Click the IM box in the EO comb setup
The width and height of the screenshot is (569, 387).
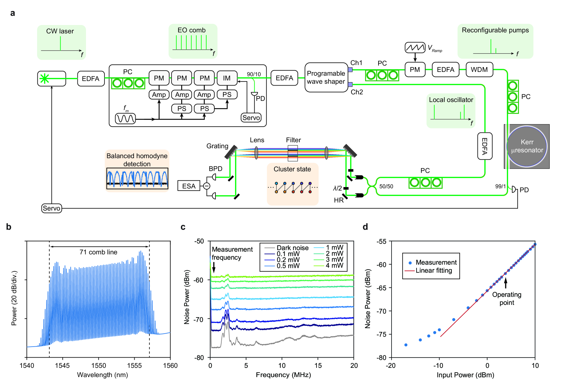pyautogui.click(x=227, y=78)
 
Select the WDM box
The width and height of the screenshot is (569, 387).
pyautogui.click(x=479, y=69)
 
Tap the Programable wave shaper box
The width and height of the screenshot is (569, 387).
pyautogui.click(x=326, y=77)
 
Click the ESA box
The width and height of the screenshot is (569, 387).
pyautogui.click(x=189, y=186)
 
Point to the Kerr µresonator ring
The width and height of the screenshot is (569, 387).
pyautogui.click(x=527, y=146)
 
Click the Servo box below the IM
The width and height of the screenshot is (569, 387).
pyautogui.click(x=251, y=118)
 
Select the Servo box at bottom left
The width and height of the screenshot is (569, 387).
pyautogui.click(x=52, y=208)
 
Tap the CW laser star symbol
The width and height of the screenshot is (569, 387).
pyautogui.click(x=45, y=79)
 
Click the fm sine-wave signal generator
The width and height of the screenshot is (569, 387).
pyautogui.click(x=125, y=118)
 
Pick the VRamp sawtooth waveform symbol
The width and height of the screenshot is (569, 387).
pyautogui.click(x=415, y=48)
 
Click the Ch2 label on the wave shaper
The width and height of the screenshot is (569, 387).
pyautogui.click(x=357, y=92)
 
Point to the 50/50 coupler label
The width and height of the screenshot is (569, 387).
pyautogui.click(x=386, y=186)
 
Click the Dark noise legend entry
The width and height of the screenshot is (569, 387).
pyautogui.click(x=292, y=248)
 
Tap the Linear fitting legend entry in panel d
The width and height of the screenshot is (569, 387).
pyautogui.click(x=434, y=271)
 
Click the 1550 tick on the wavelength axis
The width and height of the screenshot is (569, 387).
pyautogui.click(x=98, y=365)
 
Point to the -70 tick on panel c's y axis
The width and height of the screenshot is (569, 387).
pyautogui.click(x=199, y=319)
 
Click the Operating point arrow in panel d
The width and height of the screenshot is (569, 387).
pyautogui.click(x=505, y=283)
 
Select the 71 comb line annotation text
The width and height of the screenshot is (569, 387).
pyautogui.click(x=98, y=252)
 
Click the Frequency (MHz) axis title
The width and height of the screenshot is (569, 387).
pyautogui.click(x=283, y=375)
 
